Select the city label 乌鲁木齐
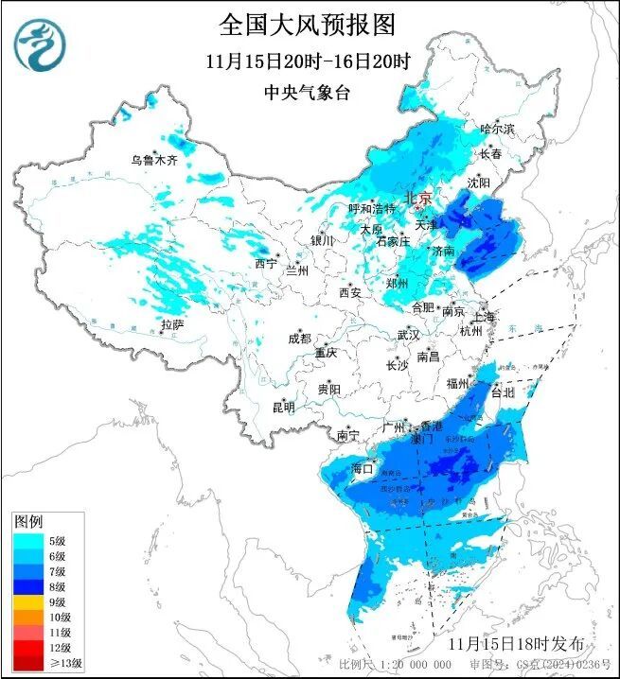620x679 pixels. pyautogui.click(x=154, y=160)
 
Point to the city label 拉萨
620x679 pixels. pyautogui.click(x=172, y=324)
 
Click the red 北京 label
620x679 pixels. pyautogui.click(x=417, y=199)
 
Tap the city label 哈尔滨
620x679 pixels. pyautogui.click(x=496, y=128)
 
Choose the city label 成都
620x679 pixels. pyautogui.click(x=300, y=338)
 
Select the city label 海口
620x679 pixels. pyautogui.click(x=363, y=468)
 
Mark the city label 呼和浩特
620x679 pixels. pyautogui.click(x=371, y=208)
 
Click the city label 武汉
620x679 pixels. pyautogui.click(x=408, y=335)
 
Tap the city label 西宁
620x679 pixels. pyautogui.click(x=266, y=264)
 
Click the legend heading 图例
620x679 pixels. pyautogui.click(x=27, y=522)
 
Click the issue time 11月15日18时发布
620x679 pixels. pyautogui.click(x=516, y=643)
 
